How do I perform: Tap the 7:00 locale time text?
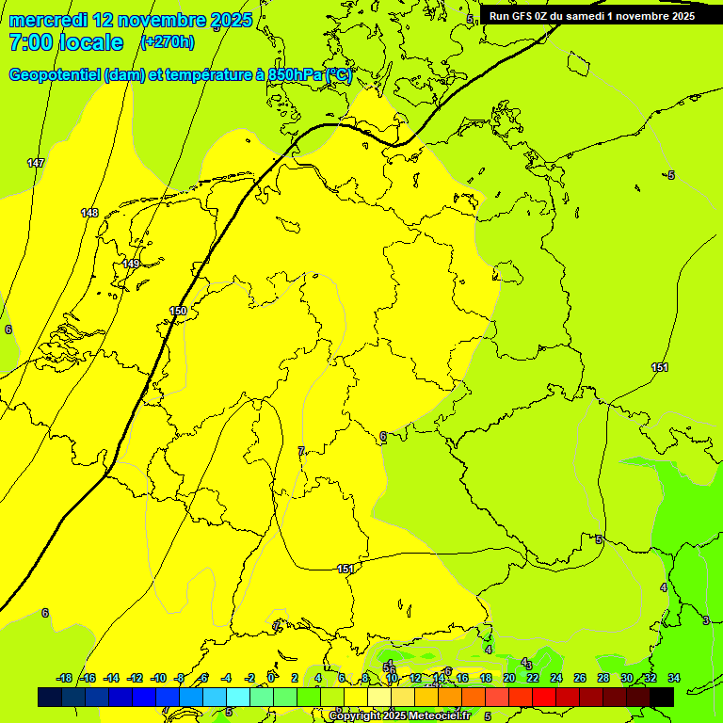tap(66, 42)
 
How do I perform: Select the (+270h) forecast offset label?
tap(167, 41)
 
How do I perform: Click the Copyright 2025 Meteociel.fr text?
tap(399, 716)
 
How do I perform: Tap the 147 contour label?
tap(36, 164)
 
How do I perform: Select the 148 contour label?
tap(89, 214)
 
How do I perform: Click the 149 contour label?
tap(131, 265)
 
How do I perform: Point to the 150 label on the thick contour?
tap(178, 312)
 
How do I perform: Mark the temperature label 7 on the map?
tap(300, 452)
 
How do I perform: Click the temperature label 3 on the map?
tap(706, 620)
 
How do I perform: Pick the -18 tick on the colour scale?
tap(64, 679)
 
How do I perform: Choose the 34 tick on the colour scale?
tap(674, 679)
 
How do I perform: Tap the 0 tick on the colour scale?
tap(271, 679)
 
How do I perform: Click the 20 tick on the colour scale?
tap(508, 679)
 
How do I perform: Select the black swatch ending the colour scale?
tap(662, 698)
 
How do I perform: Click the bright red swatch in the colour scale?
tap(544, 698)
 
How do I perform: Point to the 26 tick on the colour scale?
tap(579, 679)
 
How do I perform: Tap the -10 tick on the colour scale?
tap(158, 679)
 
